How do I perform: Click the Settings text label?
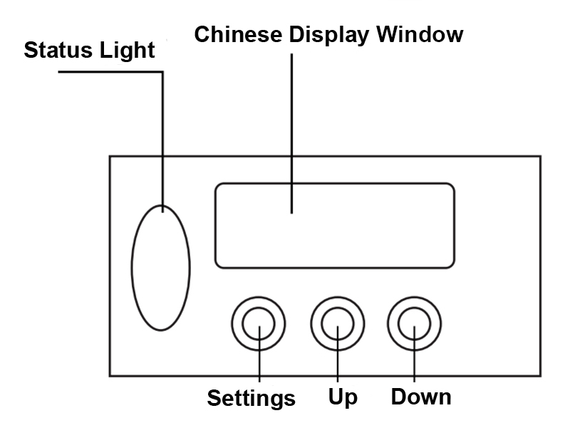[x=251, y=397]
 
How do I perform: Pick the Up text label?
[x=343, y=397]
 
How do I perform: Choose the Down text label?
[x=421, y=396]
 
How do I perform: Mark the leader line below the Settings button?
[x=259, y=364]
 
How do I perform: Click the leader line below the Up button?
[x=336, y=364]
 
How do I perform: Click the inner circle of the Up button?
[x=336, y=325]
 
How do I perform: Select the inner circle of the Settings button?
[x=259, y=325]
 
